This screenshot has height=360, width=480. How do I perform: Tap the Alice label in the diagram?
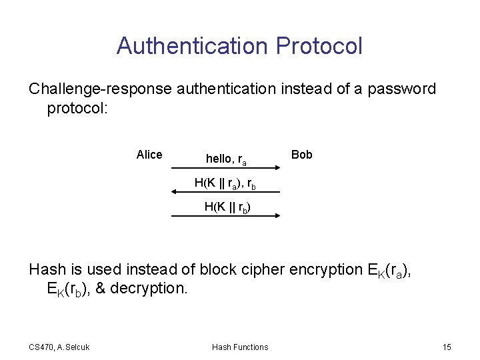click(149, 155)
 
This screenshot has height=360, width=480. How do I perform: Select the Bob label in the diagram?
click(301, 155)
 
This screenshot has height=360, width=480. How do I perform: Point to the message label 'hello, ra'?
click(226, 159)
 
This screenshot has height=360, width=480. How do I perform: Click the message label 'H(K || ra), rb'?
click(225, 183)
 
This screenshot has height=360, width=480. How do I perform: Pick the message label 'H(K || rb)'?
click(227, 207)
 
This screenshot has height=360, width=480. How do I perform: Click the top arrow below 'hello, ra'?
click(225, 170)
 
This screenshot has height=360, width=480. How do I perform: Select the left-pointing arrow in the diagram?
click(225, 192)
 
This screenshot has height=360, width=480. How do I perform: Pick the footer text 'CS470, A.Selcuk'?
click(59, 347)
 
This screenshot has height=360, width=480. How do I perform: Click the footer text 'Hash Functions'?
click(240, 347)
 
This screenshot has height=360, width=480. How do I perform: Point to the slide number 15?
click(447, 347)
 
